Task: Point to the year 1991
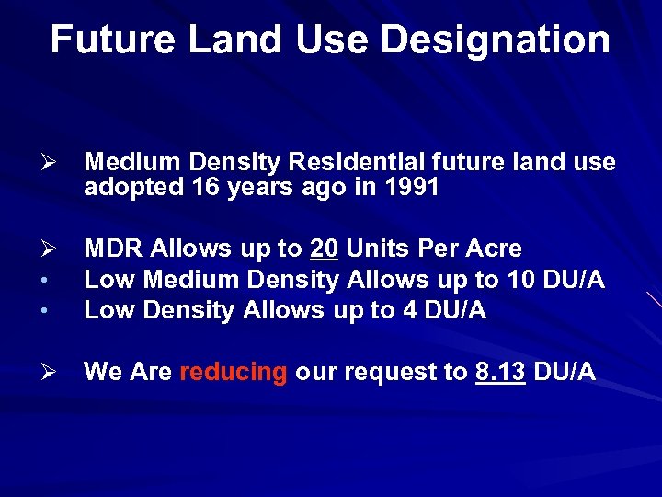[415, 188]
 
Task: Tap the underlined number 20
[324, 248]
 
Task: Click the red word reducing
[234, 372]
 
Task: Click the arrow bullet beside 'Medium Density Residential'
[52, 164]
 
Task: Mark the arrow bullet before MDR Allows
[52, 249]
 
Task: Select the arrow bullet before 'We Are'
[52, 373]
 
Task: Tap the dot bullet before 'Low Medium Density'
[52, 281]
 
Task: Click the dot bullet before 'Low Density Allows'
[52, 312]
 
